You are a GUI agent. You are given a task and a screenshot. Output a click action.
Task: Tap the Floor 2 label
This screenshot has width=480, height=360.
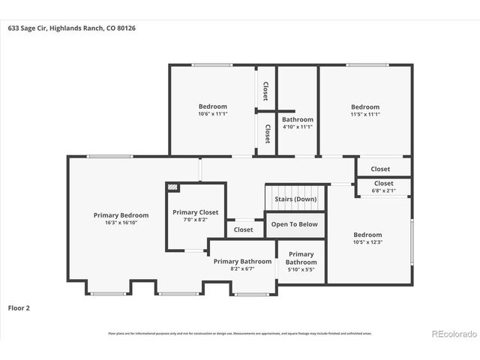[19, 307]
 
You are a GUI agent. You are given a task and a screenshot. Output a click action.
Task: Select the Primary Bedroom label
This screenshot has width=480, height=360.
[115, 215]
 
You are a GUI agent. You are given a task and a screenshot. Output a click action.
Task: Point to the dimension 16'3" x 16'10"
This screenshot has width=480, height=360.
[115, 223]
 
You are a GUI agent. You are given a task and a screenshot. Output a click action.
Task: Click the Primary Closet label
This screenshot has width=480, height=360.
[195, 212]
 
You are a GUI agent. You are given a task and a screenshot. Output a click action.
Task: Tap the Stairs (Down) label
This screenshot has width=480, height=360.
[295, 199]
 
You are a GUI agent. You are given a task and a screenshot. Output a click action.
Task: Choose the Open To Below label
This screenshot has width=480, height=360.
[294, 224]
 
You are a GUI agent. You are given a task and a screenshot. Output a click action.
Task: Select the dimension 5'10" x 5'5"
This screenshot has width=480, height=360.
[301, 270]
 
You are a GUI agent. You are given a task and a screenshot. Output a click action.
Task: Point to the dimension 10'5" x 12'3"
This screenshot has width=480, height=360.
[367, 242]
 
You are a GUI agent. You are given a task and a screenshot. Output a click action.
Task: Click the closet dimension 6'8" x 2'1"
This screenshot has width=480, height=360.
[382, 190]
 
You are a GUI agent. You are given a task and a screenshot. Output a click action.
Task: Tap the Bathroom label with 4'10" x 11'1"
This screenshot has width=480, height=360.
[297, 119]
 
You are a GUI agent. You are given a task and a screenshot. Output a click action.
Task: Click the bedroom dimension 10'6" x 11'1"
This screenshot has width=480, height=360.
[212, 114]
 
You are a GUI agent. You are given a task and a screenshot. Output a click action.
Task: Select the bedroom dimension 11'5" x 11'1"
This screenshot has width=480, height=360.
[365, 114]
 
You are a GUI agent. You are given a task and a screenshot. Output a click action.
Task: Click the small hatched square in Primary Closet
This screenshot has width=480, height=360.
[173, 188]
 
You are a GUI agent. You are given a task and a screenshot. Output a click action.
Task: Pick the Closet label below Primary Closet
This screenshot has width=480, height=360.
[243, 230]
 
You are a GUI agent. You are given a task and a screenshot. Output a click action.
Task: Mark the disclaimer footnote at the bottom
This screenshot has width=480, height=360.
[240, 333]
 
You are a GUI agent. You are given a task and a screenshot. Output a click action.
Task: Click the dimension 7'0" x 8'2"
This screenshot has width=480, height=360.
[195, 220]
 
